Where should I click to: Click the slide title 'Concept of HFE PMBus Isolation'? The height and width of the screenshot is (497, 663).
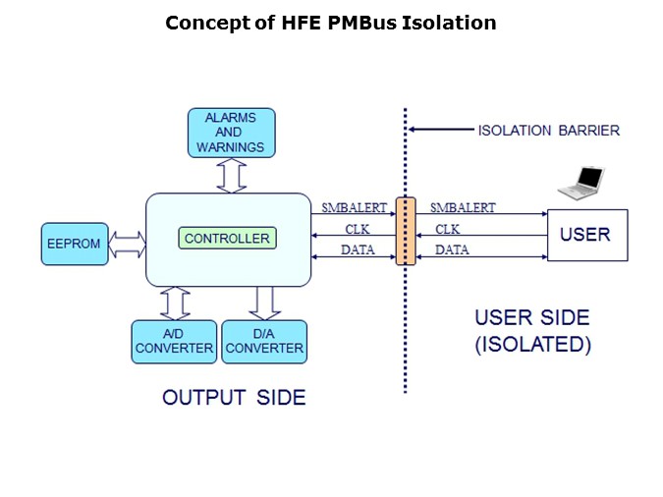click(x=330, y=23)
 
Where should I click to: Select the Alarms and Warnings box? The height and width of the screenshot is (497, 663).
click(x=231, y=133)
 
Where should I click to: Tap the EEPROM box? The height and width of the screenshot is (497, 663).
click(x=75, y=244)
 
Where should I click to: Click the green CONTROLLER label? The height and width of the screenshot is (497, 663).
click(x=227, y=239)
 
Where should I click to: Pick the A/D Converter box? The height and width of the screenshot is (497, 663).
click(x=174, y=342)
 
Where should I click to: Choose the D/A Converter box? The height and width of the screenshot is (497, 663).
click(x=264, y=342)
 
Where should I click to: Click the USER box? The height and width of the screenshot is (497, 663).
click(x=586, y=235)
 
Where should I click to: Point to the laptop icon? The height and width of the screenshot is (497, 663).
click(x=580, y=183)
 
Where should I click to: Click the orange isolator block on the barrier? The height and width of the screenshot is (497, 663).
click(x=406, y=232)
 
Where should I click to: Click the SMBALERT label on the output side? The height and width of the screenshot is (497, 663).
click(x=355, y=207)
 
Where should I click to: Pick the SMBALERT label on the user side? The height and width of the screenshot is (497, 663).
click(x=462, y=207)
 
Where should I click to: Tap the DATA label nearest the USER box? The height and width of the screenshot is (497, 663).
click(x=452, y=250)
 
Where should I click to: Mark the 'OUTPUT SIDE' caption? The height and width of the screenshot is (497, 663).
click(x=234, y=398)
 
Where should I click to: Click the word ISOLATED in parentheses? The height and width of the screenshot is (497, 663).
click(x=533, y=345)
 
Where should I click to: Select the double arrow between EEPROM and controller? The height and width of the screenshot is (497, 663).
click(x=127, y=244)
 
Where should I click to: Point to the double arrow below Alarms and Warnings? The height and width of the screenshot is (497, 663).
click(x=232, y=175)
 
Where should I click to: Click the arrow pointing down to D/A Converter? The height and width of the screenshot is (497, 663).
click(x=263, y=303)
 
